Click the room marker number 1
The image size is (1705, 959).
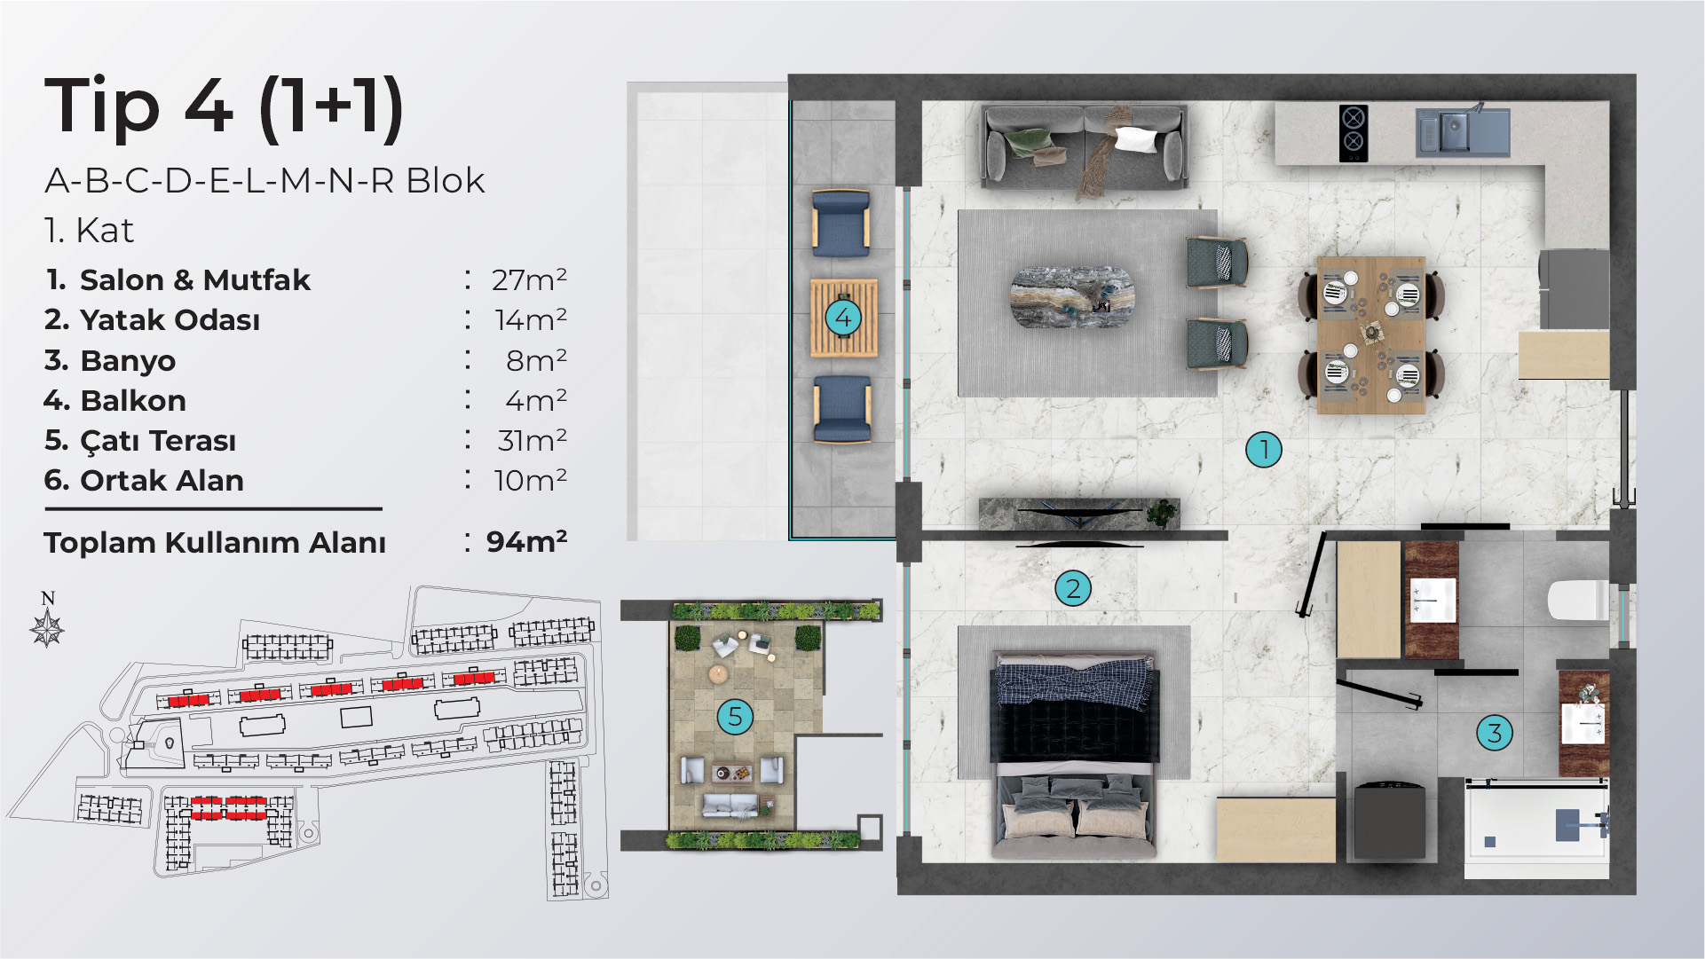pos(1264,450)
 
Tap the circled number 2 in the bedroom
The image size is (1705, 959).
pos(1073,588)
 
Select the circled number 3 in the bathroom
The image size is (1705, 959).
pos(1495,733)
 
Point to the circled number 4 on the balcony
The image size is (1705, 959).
pos(843,317)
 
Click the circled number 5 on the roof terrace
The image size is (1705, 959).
pos(735,716)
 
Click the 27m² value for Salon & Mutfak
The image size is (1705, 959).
pos(529,279)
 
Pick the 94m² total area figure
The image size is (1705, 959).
pos(526,541)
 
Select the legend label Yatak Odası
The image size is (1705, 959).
pos(170,319)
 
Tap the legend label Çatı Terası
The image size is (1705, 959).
pos(158,441)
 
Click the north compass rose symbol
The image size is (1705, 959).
pos(47,628)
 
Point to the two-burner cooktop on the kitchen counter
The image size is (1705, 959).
pos(1353,133)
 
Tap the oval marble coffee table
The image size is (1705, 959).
pos(1073,296)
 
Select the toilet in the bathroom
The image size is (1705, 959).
pos(1578,601)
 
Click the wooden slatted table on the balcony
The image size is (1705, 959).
pos(843,318)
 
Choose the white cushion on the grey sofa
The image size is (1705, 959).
pos(1136,139)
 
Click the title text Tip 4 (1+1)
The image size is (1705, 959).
pos(225,107)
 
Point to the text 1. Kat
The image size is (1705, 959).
pos(89,231)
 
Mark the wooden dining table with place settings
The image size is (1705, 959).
pos(1371,335)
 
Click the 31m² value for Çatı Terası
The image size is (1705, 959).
pos(532,440)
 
